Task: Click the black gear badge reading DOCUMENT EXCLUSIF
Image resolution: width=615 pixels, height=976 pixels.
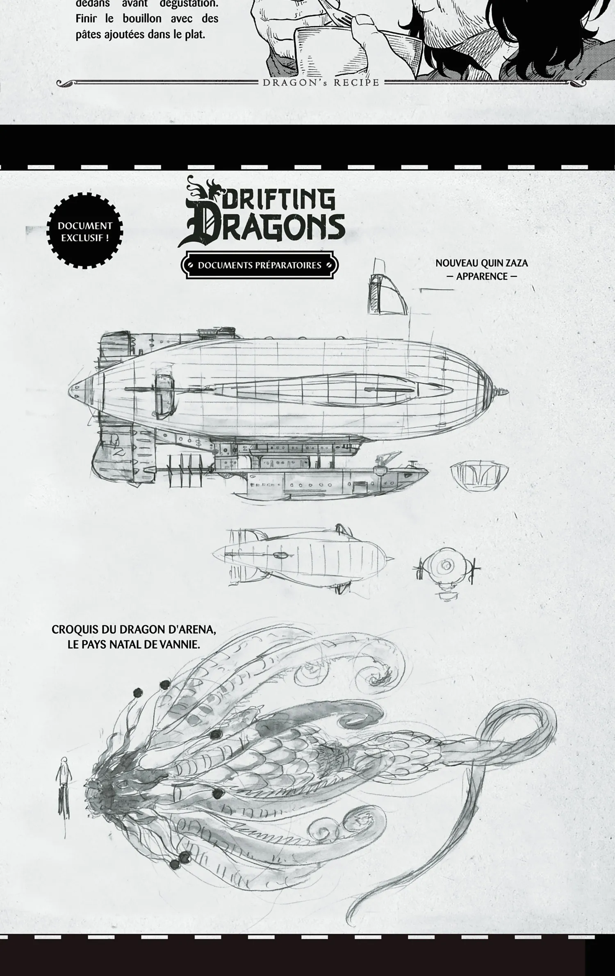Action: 85,231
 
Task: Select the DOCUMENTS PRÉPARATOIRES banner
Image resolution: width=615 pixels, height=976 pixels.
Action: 260,265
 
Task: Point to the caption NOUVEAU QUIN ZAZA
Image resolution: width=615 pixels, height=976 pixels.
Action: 481,263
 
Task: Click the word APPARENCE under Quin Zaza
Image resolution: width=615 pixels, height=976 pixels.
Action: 481,276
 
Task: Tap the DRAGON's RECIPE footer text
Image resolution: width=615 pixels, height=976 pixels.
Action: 321,82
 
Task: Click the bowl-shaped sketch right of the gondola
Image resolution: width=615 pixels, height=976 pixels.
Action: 479,473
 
